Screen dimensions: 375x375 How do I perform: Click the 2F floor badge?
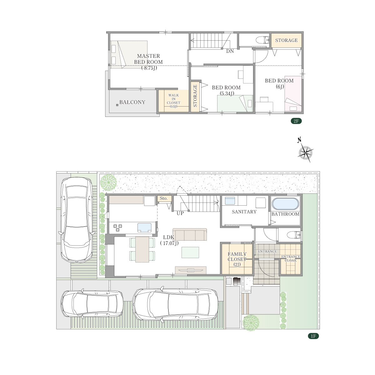tap(296, 121)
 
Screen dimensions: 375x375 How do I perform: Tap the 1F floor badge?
tap(313, 336)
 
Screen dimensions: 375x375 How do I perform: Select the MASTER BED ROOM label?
tap(148, 62)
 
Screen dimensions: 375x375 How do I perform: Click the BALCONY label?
tap(132, 102)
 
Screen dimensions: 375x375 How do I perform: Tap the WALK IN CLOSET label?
tap(173, 101)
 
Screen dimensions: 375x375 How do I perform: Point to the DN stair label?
tap(230, 51)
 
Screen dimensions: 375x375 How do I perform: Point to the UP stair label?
tap(180, 213)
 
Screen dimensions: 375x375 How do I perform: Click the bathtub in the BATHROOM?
tap(285, 204)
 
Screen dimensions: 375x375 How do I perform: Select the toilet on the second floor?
tap(262, 40)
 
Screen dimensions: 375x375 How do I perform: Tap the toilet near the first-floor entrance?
tap(294, 234)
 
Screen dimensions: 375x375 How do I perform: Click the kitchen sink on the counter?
tap(144, 227)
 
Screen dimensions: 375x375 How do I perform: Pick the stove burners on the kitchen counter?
tap(117, 228)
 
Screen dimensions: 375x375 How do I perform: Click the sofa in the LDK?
tap(190, 234)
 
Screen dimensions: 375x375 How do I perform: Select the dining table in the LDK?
tap(142, 249)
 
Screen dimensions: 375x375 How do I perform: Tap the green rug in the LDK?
tap(190, 252)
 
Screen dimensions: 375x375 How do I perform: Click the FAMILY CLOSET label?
tap(237, 259)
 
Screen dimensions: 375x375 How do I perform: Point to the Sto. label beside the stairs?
tap(163, 198)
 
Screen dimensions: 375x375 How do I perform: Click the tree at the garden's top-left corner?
tap(108, 182)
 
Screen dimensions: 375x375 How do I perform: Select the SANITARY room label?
tap(244, 212)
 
